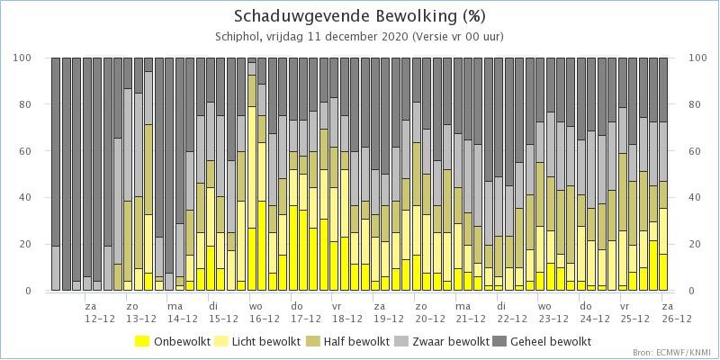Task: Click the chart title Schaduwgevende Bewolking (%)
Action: pos(359,16)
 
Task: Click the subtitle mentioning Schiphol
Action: pos(359,37)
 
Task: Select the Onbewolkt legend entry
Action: pos(173,341)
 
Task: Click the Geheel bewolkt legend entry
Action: pos(542,341)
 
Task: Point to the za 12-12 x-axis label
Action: pos(97,311)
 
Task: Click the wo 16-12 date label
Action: pos(262,311)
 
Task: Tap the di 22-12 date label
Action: pos(509,311)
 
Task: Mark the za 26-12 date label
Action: pos(674,311)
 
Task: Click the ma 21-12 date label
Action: pos(468,311)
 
